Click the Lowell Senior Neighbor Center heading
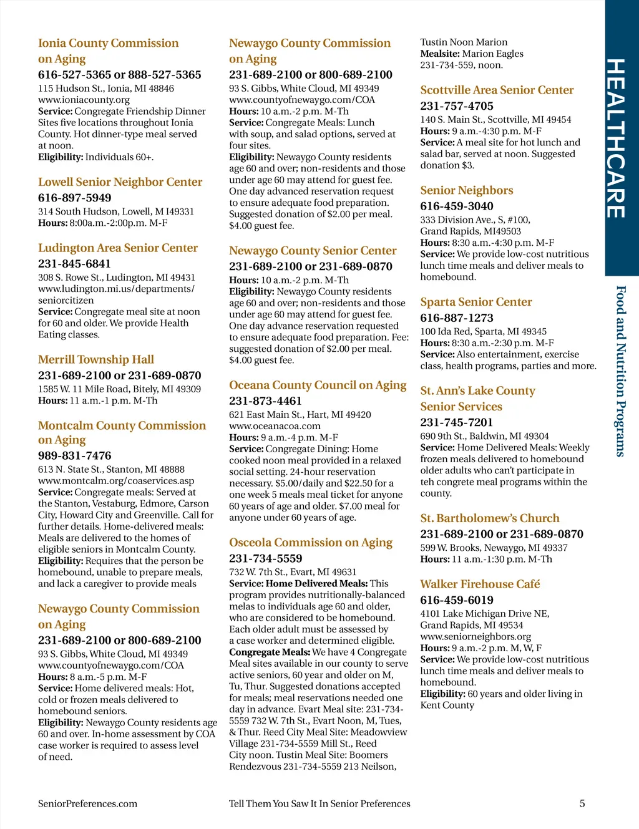click(120, 182)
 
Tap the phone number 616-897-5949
click(75, 198)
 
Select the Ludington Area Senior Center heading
click(118, 248)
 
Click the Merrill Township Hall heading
click(96, 359)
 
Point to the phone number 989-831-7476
click(75, 455)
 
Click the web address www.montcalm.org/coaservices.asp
click(116, 481)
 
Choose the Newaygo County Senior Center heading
click(313, 251)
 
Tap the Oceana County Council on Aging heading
click(318, 385)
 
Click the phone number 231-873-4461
click(265, 401)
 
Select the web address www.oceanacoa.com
click(275, 426)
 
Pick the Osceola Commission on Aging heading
click(311, 543)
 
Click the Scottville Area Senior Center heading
click(497, 90)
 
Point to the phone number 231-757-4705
click(457, 106)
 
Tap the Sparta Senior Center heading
click(476, 302)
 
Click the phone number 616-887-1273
click(457, 318)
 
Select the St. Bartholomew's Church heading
click(490, 518)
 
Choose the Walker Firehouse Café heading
click(480, 584)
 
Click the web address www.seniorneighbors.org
click(476, 637)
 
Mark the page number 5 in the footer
click(582, 803)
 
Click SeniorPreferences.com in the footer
click(87, 803)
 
